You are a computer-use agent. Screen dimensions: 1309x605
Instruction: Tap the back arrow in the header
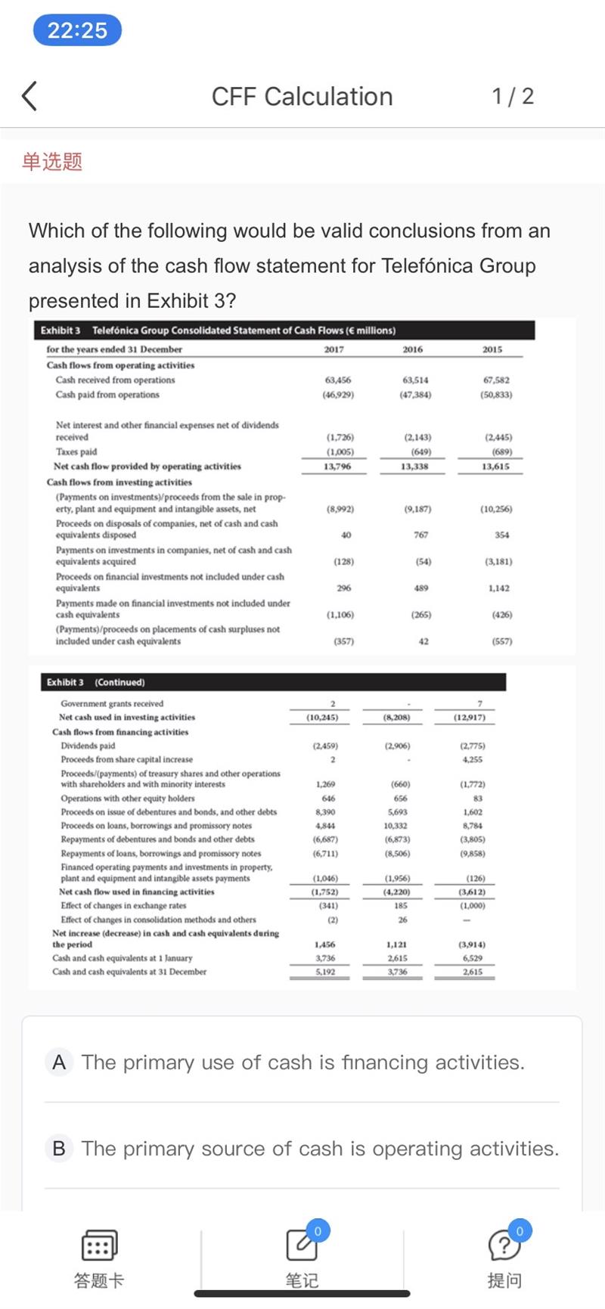(x=29, y=96)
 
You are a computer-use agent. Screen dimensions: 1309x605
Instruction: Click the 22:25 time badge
(x=77, y=30)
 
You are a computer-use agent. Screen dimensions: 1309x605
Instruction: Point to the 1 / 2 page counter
(x=513, y=96)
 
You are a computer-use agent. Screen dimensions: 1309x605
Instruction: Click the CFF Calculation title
(x=302, y=96)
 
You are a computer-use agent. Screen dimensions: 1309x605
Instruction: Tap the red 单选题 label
(x=52, y=161)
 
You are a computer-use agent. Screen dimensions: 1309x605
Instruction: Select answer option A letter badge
(x=59, y=1062)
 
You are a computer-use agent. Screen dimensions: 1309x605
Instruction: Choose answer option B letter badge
(x=59, y=1149)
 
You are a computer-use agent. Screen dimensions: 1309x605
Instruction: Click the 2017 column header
(x=334, y=349)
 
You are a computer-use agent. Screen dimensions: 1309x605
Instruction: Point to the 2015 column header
(x=492, y=349)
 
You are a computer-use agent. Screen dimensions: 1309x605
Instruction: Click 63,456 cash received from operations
(x=338, y=380)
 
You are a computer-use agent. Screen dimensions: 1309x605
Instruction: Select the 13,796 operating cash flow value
(x=337, y=467)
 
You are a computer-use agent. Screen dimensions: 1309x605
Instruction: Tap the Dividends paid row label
(x=88, y=746)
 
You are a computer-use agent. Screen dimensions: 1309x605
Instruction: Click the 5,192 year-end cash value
(x=325, y=972)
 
